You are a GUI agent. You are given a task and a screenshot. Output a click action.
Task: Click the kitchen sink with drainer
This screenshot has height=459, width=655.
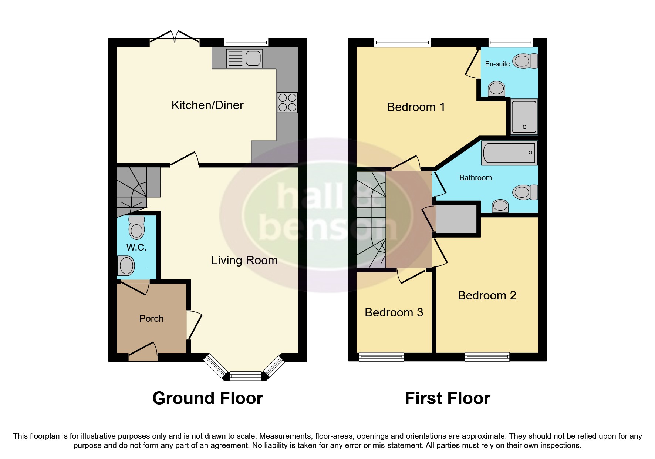tap(244, 58)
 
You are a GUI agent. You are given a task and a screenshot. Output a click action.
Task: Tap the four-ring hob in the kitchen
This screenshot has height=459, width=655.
tap(287, 103)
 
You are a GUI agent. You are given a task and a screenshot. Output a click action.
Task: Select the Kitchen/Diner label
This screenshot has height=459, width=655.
tap(207, 105)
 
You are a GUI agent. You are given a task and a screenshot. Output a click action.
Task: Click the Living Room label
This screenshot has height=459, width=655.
tap(244, 261)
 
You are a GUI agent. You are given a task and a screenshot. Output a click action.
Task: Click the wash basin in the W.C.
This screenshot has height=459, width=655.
tap(126, 266)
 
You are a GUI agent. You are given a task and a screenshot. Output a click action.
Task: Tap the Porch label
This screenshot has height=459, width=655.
tap(151, 319)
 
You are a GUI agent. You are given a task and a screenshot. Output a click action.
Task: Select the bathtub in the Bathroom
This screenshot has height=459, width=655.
tap(509, 153)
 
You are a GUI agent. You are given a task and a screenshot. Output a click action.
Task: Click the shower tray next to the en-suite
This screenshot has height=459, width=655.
tap(524, 117)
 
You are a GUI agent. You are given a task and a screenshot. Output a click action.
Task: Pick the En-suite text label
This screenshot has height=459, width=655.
tap(497, 64)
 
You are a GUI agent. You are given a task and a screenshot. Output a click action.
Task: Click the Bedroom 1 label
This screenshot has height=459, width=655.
tap(416, 107)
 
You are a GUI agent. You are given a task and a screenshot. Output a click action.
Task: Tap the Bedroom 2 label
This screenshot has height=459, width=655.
tap(487, 296)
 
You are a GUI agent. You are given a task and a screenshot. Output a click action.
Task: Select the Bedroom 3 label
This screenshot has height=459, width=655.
tap(394, 313)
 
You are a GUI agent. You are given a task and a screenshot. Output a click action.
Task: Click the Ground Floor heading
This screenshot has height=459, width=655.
tap(207, 399)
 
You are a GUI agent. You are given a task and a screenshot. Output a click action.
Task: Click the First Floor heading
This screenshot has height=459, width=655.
tap(447, 399)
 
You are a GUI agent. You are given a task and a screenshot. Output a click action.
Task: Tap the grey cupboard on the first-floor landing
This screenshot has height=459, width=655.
tap(456, 219)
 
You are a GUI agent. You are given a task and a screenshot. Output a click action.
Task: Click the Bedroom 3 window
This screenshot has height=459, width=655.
tap(381, 357)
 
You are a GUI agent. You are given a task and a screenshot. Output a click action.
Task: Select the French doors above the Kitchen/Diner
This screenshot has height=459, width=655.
tap(175, 37)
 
